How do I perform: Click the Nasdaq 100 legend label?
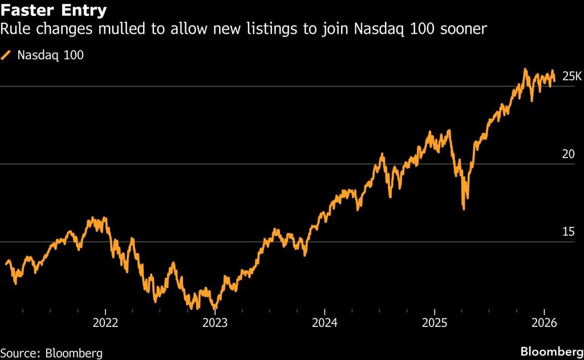pyautogui.click(x=51, y=55)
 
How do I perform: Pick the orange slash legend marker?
pyautogui.click(x=6, y=55)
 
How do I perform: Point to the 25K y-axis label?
pyautogui.click(x=571, y=76)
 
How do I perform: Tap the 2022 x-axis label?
pyautogui.click(x=106, y=322)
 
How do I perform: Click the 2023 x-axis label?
pyautogui.click(x=215, y=322)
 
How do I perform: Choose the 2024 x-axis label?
pyautogui.click(x=324, y=322)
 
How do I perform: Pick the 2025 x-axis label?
pyautogui.click(x=434, y=322)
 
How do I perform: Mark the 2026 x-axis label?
pyautogui.click(x=544, y=322)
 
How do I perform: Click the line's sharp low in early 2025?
pyautogui.click(x=464, y=209)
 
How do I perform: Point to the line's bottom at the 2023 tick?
pyautogui.click(x=214, y=308)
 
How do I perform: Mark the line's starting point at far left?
pyautogui.click(x=6, y=264)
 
